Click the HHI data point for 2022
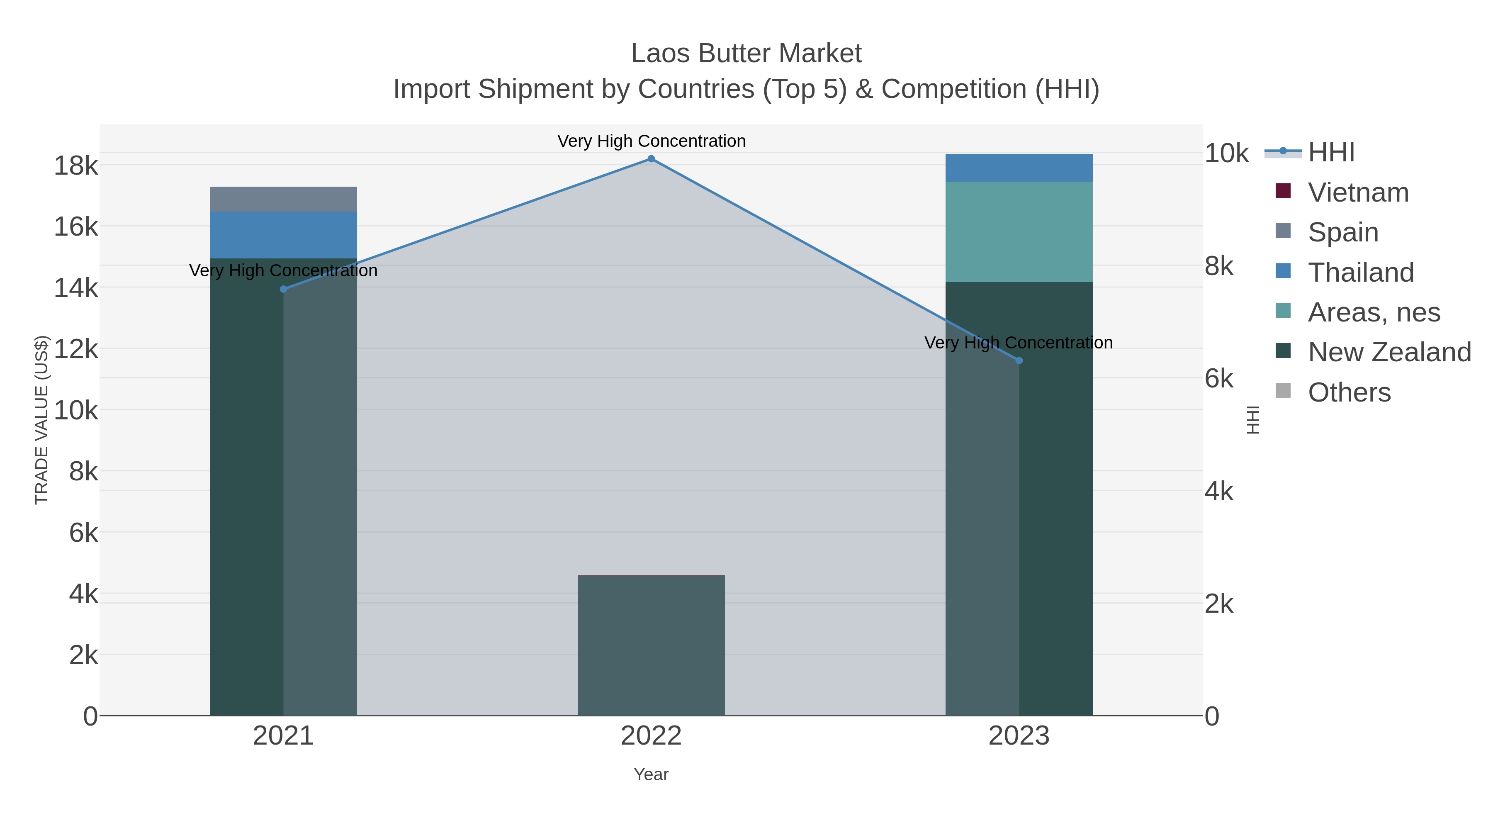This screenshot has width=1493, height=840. click(x=651, y=159)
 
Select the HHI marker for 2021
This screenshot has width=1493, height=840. click(x=283, y=289)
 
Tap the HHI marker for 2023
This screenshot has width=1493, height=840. click(x=1019, y=360)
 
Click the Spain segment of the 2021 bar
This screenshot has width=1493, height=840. click(x=283, y=199)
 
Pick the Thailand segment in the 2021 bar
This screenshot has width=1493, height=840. click(x=283, y=235)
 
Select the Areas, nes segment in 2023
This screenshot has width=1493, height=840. click(x=1019, y=232)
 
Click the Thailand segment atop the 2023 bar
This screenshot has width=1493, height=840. click(x=1019, y=168)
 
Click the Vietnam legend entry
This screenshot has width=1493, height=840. click(x=1357, y=192)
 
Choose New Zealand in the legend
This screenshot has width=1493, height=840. click(x=1388, y=352)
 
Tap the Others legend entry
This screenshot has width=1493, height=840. click(x=1349, y=392)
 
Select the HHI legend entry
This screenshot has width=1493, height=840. click(x=1331, y=153)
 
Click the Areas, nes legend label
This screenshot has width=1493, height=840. click(x=1374, y=312)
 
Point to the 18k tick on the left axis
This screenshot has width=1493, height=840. click(x=76, y=166)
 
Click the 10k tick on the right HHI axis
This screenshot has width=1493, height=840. click(x=1226, y=153)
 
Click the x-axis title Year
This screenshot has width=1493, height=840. click(x=651, y=774)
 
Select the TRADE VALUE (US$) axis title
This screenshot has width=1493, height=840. click(x=42, y=420)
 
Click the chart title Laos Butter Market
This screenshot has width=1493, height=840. click(x=746, y=54)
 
